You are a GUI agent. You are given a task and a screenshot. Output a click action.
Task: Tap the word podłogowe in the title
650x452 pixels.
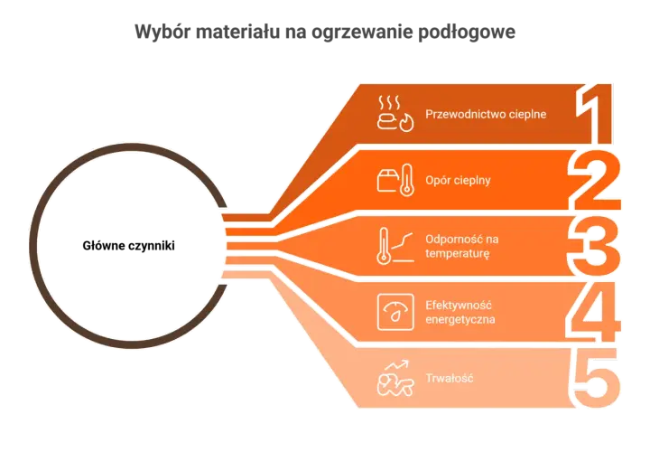[x=467, y=32]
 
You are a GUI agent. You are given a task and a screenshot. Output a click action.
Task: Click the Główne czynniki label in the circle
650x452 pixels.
[x=128, y=246]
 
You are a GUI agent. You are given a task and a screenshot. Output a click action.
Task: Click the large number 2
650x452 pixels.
[x=594, y=180]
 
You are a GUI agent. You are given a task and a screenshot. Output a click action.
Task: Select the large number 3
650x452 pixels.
[x=594, y=246]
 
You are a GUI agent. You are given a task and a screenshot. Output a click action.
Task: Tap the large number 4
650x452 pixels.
[x=594, y=312]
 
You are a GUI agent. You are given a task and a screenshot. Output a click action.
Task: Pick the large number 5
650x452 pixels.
[x=595, y=378]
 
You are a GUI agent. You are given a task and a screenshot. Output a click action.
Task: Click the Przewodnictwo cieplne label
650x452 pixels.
[x=486, y=114]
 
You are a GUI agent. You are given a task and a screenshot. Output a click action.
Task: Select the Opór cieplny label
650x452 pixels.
[x=458, y=181]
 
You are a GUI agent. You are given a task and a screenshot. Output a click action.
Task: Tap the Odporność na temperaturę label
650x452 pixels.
[x=462, y=246]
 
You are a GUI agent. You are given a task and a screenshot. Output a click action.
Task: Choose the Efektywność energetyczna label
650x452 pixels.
[x=460, y=313]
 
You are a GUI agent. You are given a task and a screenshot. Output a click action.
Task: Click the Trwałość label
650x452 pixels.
[x=450, y=378]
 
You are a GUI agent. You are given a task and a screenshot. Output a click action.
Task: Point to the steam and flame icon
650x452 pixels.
[x=395, y=113]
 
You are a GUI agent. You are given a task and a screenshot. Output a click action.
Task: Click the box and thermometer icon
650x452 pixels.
[x=395, y=180]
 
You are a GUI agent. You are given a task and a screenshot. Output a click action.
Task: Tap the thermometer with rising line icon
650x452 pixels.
[x=395, y=246]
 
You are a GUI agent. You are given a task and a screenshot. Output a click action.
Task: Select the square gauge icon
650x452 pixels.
[x=395, y=312]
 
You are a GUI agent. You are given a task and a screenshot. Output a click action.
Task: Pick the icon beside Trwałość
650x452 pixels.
[x=395, y=378]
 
